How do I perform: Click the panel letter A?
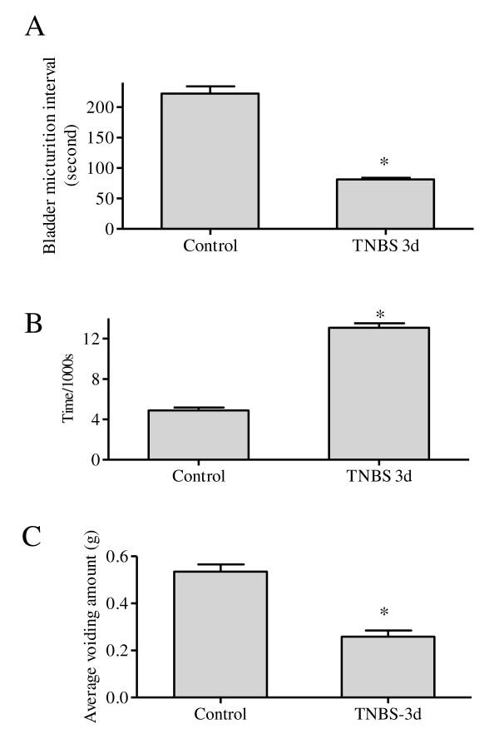34,28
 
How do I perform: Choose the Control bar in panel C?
220,633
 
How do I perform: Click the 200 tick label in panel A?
102,107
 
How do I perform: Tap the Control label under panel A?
210,246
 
